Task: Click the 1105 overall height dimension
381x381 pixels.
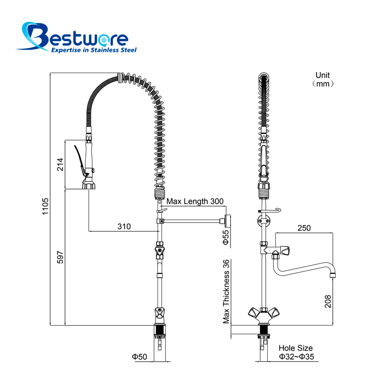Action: [45, 206]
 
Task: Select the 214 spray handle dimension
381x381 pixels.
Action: [60, 164]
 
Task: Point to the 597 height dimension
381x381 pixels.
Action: [60, 258]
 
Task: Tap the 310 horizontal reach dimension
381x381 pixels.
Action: [124, 227]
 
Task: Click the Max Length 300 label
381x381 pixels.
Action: [195, 201]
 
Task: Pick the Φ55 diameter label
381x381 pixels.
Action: [226, 237]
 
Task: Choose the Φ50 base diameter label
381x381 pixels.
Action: [140, 357]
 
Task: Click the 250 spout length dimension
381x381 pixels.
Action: [304, 228]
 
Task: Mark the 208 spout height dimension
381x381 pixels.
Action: [328, 302]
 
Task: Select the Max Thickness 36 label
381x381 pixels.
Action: [226, 292]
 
